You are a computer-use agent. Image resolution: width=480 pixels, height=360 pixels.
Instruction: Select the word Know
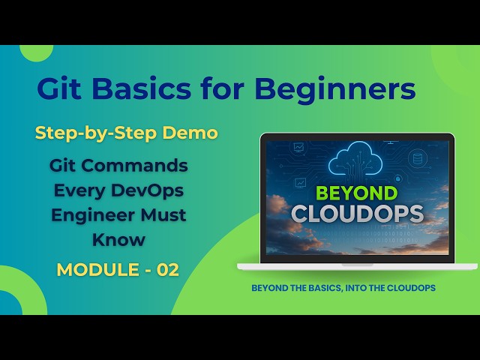[118, 240]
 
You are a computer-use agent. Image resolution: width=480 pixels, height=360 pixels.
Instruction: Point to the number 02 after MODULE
[168, 270]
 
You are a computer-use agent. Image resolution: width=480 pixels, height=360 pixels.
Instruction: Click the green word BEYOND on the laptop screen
[356, 193]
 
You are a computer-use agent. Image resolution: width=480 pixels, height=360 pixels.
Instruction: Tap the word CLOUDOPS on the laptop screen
[356, 214]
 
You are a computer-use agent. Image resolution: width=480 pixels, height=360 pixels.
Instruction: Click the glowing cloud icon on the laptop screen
[357, 158]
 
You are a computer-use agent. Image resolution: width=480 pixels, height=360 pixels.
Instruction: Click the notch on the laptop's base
[357, 264]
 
